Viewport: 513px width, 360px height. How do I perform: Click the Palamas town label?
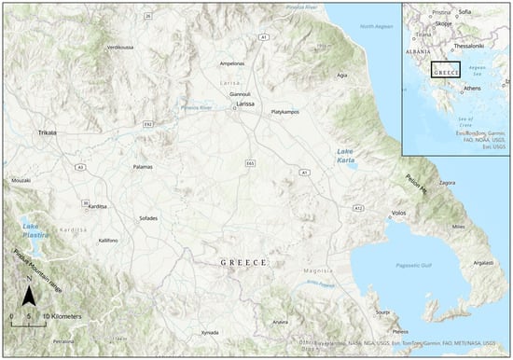point(143,168)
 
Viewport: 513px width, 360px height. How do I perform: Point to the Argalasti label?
point(483,263)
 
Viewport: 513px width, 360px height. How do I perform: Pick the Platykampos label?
point(289,112)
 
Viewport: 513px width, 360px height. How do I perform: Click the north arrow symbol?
point(29,297)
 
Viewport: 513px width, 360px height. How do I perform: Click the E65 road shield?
point(250,163)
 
